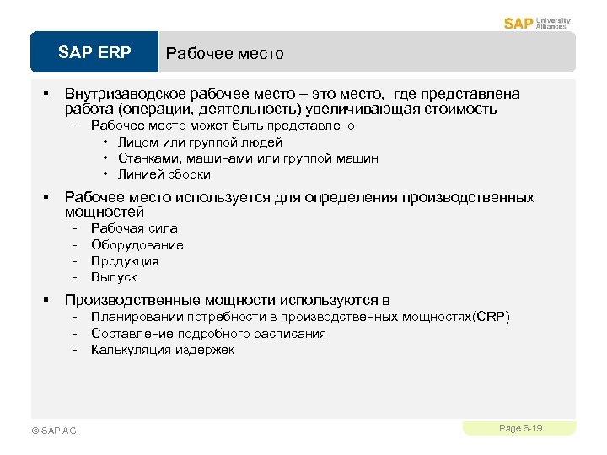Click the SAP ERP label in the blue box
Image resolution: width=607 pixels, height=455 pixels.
pos(94,53)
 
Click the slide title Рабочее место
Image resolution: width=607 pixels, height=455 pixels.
pos(224,54)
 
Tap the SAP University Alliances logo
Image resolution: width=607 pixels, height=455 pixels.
pos(537,23)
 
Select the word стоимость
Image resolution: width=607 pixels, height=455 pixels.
pos(459,109)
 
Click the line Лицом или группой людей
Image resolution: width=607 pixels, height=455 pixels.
pos(200,142)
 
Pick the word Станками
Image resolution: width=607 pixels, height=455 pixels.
pos(144,158)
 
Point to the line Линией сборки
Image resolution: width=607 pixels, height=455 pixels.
pos(164,174)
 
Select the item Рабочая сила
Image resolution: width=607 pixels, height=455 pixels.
pos(134,228)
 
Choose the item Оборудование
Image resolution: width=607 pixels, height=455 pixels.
pos(137,244)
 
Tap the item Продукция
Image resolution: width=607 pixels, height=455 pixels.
pos(125,260)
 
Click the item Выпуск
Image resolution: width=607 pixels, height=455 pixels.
pos(114,277)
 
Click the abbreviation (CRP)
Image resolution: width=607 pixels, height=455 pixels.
pos(492,317)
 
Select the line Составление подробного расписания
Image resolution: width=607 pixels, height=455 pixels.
pos(208,334)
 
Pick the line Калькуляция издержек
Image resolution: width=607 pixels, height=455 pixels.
pos(163,350)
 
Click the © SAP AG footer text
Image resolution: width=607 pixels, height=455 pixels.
pos(53,431)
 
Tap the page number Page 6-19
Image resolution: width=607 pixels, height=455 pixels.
pos(520,429)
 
